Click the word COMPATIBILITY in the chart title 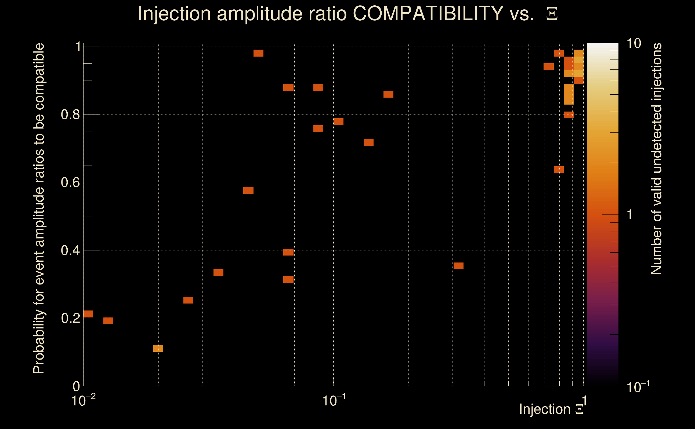click(x=428, y=13)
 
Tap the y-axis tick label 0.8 click(x=71, y=115)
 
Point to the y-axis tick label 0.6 click(x=71, y=182)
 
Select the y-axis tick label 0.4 click(x=71, y=250)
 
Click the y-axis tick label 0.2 click(x=71, y=318)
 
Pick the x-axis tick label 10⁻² click(x=83, y=400)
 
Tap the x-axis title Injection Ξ click(x=551, y=409)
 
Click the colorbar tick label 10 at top click(x=634, y=43)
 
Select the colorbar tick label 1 click(x=630, y=215)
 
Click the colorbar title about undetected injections click(x=656, y=159)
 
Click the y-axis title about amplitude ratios click(x=39, y=209)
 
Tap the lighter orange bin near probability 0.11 click(x=158, y=348)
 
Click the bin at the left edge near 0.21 click(x=88, y=314)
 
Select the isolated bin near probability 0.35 click(x=458, y=266)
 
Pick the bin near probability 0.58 click(x=248, y=190)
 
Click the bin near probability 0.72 click(x=368, y=142)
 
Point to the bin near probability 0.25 click(x=188, y=300)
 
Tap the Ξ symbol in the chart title click(x=552, y=14)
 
